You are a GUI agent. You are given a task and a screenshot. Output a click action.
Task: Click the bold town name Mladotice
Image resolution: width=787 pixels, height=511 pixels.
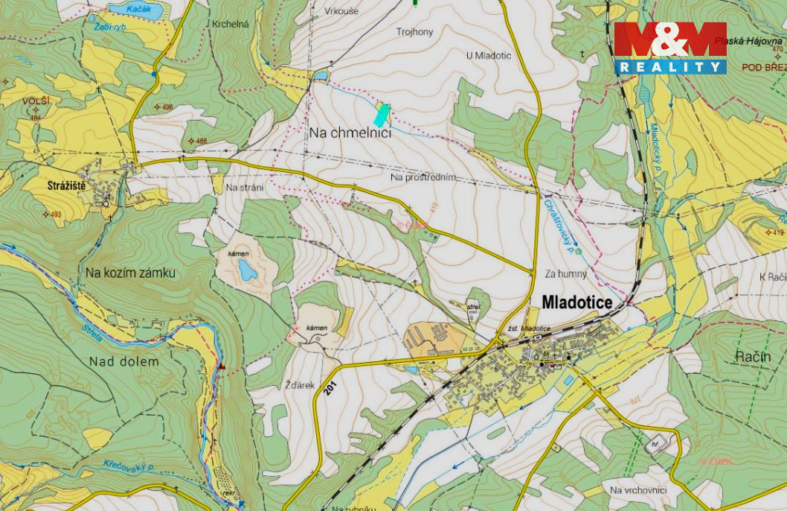coord(577,302)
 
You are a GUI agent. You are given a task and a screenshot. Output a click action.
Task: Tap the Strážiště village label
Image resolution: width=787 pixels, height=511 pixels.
coord(65,185)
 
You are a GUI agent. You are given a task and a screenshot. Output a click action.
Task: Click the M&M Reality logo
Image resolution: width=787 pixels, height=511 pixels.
coord(669,48)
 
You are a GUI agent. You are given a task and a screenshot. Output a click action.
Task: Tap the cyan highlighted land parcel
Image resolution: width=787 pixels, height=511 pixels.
coord(382,114)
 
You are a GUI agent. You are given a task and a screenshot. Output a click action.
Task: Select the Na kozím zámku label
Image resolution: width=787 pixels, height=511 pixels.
coord(130,273)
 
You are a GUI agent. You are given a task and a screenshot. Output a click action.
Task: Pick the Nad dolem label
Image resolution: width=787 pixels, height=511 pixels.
coord(124,362)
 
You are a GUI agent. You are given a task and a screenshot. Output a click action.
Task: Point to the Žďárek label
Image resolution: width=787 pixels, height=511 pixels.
coord(301,385)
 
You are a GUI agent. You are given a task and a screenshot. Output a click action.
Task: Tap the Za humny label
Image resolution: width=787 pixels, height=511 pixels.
coord(565,274)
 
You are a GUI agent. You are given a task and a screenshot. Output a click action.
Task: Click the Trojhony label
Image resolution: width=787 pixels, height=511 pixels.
coord(414,32)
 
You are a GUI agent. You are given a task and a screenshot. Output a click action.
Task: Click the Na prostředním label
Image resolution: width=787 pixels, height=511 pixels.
coord(422,177)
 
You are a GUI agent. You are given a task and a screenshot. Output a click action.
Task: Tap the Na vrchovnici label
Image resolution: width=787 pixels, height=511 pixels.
coord(637,489)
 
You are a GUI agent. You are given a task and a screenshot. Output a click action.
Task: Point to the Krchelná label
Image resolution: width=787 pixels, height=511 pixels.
coord(230,25)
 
